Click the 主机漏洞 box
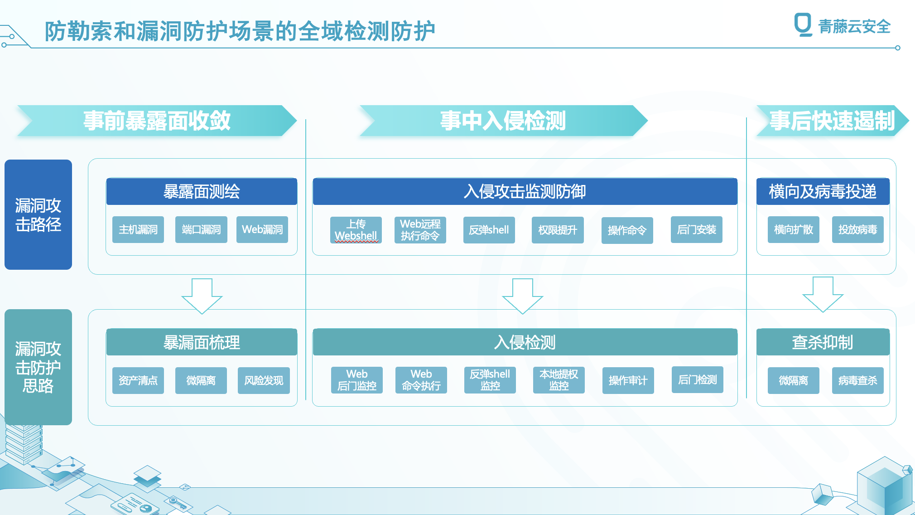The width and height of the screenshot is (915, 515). click(138, 230)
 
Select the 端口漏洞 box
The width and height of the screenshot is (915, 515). click(201, 230)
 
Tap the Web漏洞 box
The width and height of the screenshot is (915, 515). click(262, 230)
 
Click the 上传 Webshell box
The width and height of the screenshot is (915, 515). click(356, 230)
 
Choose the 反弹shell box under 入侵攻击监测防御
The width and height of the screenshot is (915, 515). click(489, 230)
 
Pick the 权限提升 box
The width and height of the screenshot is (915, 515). click(558, 230)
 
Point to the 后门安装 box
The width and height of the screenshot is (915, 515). click(697, 230)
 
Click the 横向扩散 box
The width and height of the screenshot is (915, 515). click(794, 230)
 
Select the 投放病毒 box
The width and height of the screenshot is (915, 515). click(858, 230)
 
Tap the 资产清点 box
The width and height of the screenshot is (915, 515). click(138, 380)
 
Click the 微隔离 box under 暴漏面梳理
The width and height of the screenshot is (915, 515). click(201, 380)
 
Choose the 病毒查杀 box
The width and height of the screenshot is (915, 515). click(858, 380)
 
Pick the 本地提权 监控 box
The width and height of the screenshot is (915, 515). click(559, 380)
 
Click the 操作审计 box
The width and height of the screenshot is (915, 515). click(628, 380)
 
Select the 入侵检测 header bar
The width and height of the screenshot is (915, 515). click(525, 342)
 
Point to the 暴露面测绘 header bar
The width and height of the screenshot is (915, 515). click(202, 191)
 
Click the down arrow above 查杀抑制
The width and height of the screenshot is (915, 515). click(823, 295)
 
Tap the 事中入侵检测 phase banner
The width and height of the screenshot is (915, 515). click(503, 121)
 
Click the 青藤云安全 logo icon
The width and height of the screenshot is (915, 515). click(803, 24)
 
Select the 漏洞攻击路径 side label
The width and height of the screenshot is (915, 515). click(38, 214)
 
